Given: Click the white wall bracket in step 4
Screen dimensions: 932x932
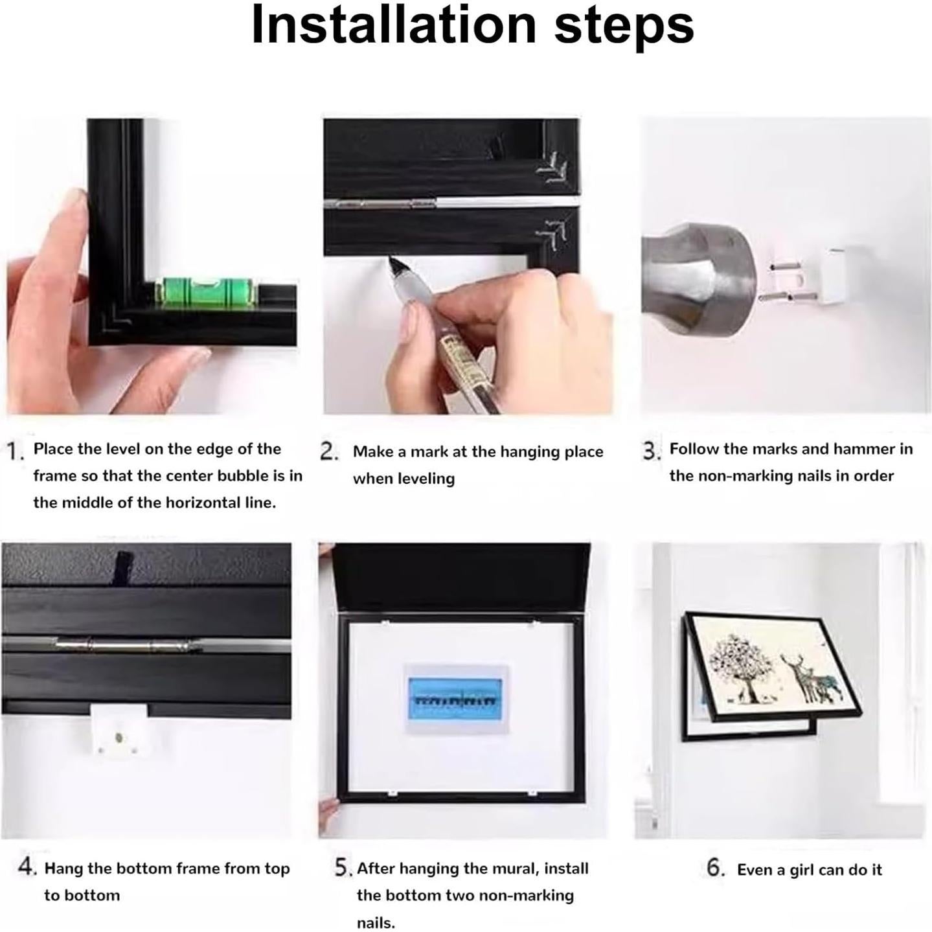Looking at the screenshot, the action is pyautogui.click(x=119, y=729).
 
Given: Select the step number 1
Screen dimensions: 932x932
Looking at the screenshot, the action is pyautogui.click(x=14, y=452).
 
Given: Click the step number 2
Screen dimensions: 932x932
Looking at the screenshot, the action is pyautogui.click(x=329, y=451).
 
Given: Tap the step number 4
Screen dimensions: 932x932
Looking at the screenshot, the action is pyautogui.click(x=27, y=866).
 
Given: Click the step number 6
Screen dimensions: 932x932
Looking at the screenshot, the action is pyautogui.click(x=715, y=867).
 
